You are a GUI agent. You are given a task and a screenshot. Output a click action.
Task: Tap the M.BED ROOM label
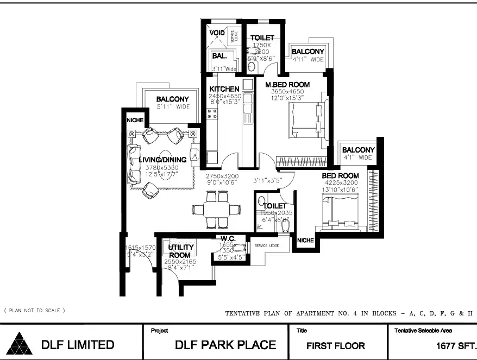(287, 85)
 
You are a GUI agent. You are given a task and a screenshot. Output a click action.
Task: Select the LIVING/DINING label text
(162, 160)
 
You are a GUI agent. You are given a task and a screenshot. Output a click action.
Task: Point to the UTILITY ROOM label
(180, 251)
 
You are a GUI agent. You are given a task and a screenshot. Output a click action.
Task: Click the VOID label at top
(217, 33)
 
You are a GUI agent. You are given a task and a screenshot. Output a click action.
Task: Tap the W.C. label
(227, 238)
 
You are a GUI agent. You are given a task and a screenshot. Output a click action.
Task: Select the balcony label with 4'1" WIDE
(358, 150)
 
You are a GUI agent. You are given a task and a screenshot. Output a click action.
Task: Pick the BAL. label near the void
(219, 55)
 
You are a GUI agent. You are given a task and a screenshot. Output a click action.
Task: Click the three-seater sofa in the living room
(133, 163)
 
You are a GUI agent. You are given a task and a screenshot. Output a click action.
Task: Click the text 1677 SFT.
(456, 345)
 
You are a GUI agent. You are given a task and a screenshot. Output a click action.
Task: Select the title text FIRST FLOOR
(335, 345)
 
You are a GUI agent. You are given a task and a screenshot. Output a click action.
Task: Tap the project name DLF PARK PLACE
(225, 345)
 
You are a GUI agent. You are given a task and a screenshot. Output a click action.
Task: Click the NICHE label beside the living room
(134, 120)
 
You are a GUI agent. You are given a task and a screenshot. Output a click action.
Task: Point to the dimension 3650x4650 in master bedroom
(287, 92)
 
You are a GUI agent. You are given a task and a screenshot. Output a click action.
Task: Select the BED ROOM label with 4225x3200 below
(340, 176)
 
